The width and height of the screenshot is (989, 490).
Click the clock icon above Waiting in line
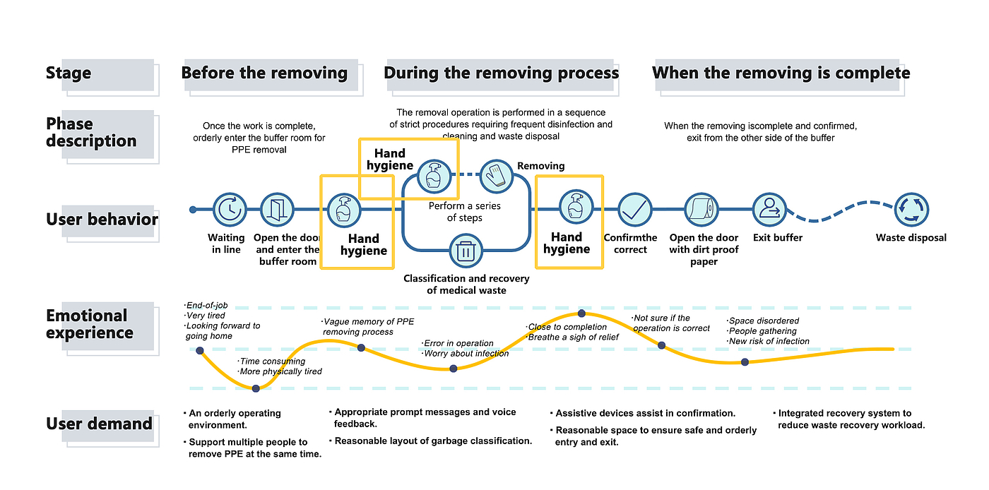229,209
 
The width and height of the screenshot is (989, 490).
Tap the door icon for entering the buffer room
277,209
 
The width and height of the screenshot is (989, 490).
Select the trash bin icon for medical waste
465,252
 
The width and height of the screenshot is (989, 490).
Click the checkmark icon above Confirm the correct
635,209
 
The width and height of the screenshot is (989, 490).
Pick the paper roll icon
701,209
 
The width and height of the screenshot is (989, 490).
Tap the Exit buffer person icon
769,209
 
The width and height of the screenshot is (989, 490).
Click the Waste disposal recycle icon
911,209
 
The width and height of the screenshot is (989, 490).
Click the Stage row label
69,73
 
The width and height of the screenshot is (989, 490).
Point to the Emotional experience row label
89,324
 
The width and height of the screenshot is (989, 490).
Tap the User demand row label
99,424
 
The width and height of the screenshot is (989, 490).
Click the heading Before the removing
264,73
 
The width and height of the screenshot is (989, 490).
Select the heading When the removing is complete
781,73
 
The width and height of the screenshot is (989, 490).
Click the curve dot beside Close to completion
581,313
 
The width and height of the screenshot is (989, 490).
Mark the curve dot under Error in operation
454,368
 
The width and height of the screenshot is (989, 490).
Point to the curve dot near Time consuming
256,388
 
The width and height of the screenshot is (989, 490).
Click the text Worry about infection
467,353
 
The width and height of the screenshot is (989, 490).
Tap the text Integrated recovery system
845,413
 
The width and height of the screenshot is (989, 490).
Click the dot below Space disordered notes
745,361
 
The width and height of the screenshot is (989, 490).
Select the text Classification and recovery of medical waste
466,284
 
